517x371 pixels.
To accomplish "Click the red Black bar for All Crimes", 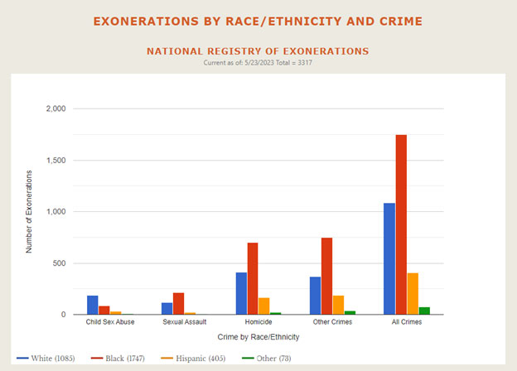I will [401, 224].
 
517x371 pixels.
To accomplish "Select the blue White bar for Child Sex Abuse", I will [93, 305].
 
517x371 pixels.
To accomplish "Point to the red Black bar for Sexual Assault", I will [178, 303].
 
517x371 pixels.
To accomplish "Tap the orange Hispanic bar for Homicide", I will [264, 306].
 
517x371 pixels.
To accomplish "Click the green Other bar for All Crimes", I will [424, 311].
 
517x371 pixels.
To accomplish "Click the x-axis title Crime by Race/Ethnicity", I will [258, 337].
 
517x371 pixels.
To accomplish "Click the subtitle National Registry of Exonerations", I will [258, 51].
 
